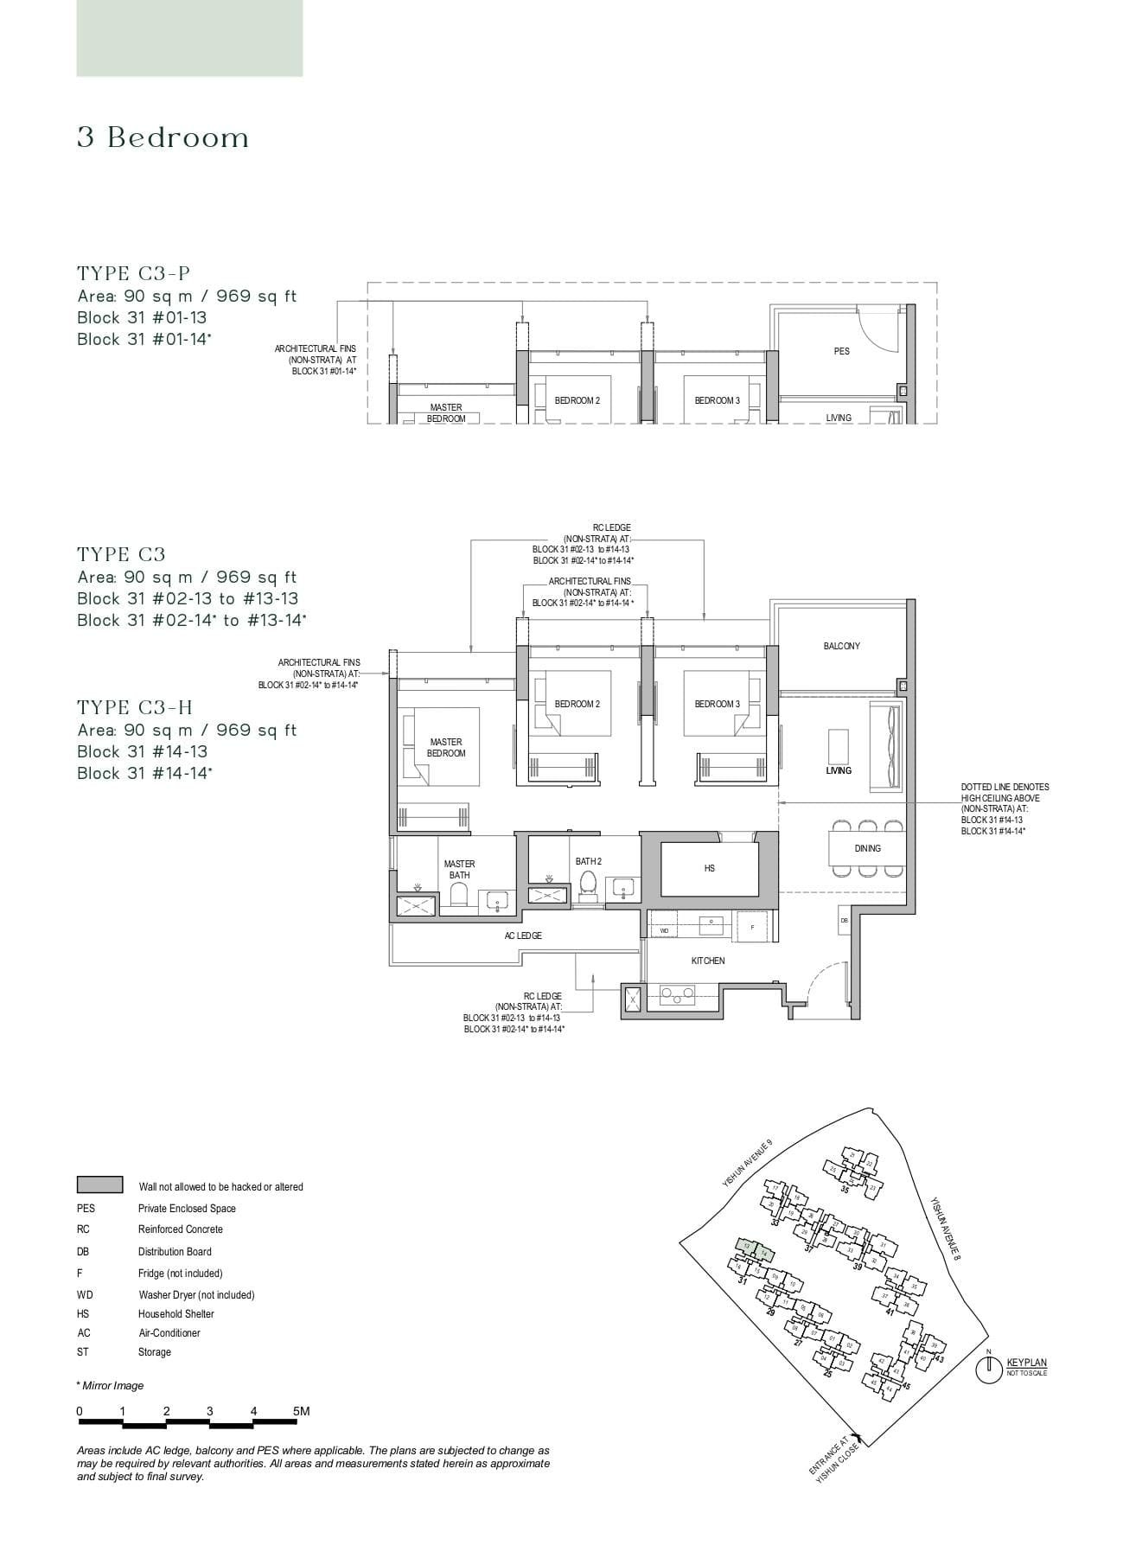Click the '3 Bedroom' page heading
tap(163, 137)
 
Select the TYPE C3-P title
tap(133, 274)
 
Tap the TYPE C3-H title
tap(135, 708)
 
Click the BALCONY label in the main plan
tap(841, 647)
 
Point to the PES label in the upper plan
tap(841, 351)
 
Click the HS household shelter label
tap(709, 868)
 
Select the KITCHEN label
tap(707, 961)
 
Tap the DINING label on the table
tap(867, 848)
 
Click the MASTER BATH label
tap(459, 869)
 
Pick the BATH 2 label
tap(588, 861)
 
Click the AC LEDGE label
tap(523, 935)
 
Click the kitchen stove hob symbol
tap(678, 996)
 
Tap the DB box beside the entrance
tap(844, 921)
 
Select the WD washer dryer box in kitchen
tap(664, 930)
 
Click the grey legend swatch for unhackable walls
tap(99, 1184)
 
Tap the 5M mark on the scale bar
tap(300, 1411)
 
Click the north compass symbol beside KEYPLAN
tap(987, 1369)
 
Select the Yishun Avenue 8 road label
tap(946, 1229)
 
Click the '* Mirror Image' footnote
tap(110, 1385)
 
